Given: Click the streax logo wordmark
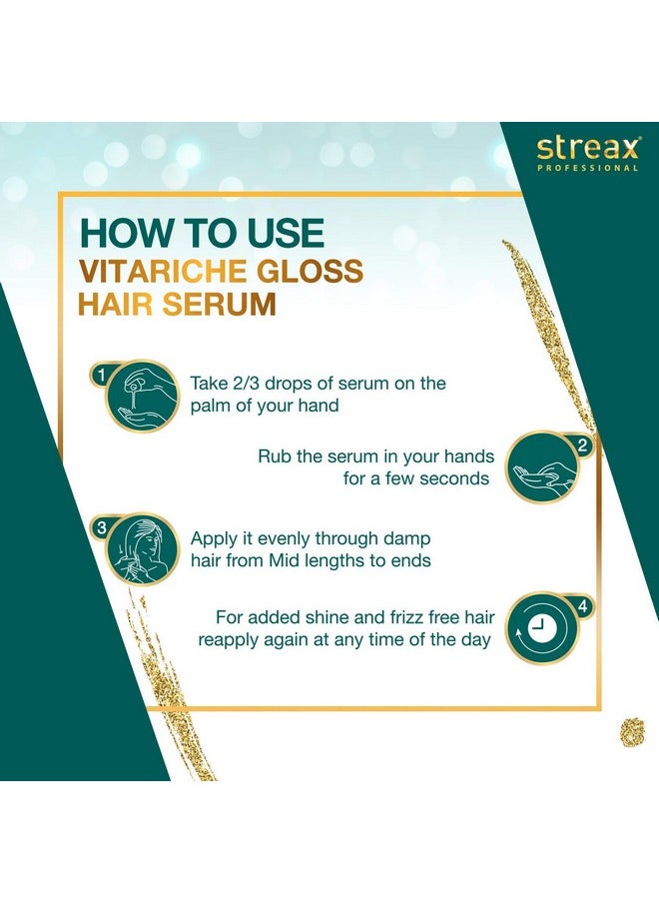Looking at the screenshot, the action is pyautogui.click(x=587, y=148).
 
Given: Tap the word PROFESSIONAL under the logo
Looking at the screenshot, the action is pyautogui.click(x=588, y=168).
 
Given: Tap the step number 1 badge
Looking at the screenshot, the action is pyautogui.click(x=101, y=376).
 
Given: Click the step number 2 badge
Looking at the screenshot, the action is pyautogui.click(x=583, y=446).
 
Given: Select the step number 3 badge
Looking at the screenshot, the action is pyautogui.click(x=101, y=527).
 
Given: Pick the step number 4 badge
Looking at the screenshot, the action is pyautogui.click(x=583, y=607).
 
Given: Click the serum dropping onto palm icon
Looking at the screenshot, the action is pyautogui.click(x=142, y=397).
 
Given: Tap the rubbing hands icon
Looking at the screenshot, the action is pyautogui.click(x=541, y=468).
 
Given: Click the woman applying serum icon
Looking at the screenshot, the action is pyautogui.click(x=142, y=548).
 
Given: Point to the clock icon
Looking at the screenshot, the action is pyautogui.click(x=540, y=629).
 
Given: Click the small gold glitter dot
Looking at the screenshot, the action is pyautogui.click(x=631, y=732).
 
